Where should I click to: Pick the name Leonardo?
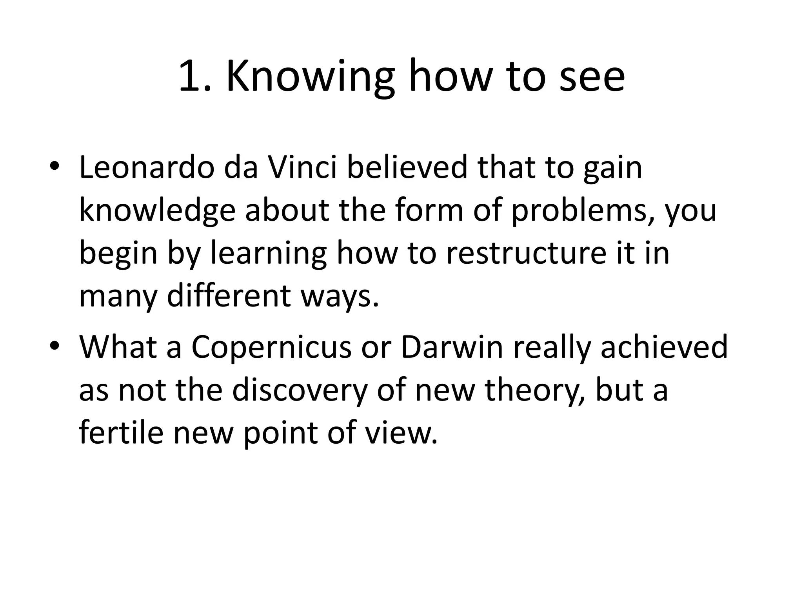click(147, 168)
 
